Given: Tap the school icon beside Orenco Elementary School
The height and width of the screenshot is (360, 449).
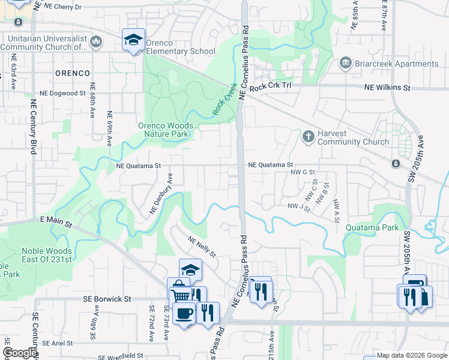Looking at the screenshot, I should (x=133, y=40).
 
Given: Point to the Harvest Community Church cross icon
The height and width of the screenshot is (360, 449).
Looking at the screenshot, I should (x=308, y=137).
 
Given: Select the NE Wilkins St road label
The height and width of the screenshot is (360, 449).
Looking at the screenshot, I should (x=387, y=88).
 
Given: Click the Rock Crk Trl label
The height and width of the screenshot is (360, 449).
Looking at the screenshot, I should (x=270, y=88).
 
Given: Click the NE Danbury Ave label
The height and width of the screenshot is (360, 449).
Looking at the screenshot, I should (x=161, y=194).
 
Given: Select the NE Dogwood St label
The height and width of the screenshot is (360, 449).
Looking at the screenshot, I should (x=62, y=94).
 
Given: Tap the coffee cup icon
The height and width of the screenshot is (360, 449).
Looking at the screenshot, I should (x=184, y=312).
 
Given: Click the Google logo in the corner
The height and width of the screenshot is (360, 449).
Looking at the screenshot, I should (x=19, y=353).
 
